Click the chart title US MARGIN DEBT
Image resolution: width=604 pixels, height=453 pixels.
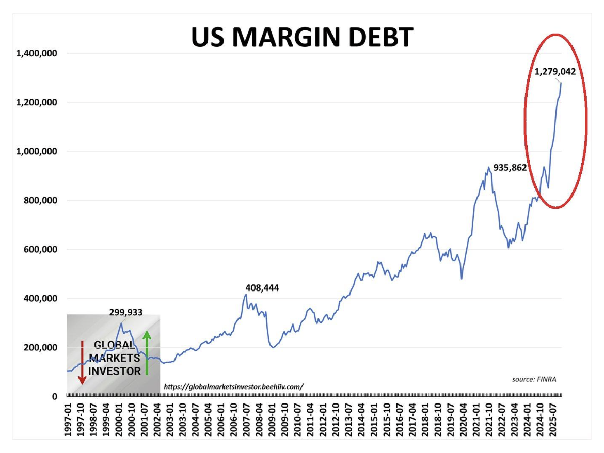point(302,37)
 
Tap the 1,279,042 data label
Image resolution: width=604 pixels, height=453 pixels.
point(554,72)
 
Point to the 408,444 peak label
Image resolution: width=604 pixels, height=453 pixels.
point(262,288)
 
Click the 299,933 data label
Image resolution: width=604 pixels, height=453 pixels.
point(125,312)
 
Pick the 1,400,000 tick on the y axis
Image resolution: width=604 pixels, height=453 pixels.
point(37,53)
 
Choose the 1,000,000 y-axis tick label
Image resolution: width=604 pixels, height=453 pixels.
point(37,151)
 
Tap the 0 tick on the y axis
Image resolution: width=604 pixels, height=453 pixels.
point(54,396)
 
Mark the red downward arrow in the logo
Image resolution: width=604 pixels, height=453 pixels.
point(82,362)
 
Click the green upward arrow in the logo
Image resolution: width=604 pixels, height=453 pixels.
point(147,353)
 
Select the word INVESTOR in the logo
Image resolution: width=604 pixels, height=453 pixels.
point(115,371)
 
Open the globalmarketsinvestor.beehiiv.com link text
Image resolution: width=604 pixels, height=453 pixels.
point(233,386)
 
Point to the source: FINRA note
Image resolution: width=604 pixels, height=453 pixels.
point(534,379)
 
